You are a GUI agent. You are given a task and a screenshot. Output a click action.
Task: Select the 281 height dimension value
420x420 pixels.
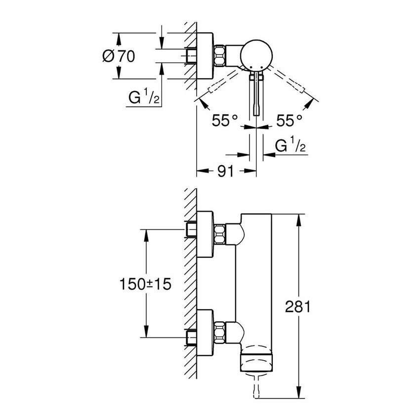(x=297, y=307)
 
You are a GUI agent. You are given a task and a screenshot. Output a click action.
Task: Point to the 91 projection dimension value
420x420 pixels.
(x=226, y=171)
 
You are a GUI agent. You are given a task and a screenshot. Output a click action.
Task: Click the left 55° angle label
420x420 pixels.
(x=225, y=120)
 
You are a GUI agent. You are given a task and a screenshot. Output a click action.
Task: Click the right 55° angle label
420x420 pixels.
(x=289, y=120)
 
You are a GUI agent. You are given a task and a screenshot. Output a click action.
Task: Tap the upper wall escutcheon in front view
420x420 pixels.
(x=205, y=234)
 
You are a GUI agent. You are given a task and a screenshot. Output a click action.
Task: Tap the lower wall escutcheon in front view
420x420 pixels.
(x=205, y=332)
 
